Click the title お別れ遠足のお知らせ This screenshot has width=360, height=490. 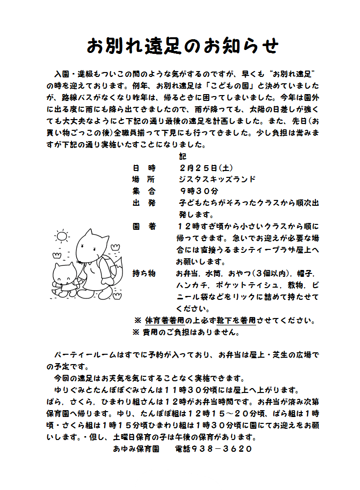tap(183, 46)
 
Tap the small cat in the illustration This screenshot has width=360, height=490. tap(65, 278)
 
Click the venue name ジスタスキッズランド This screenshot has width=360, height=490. tap(217, 179)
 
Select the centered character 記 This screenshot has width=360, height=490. tap(183, 157)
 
